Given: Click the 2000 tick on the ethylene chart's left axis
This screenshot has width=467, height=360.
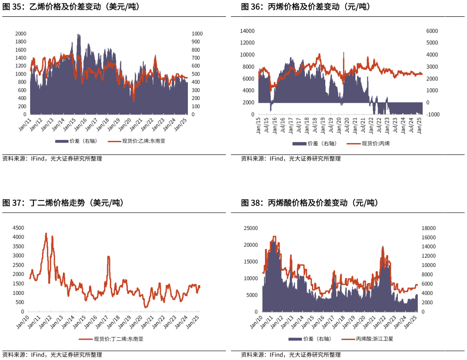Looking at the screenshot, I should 21,34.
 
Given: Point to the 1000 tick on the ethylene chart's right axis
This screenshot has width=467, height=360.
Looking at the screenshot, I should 197,34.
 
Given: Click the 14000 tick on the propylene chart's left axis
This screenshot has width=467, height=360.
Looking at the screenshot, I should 247,31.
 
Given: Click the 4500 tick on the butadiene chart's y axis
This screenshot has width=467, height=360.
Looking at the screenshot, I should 18,228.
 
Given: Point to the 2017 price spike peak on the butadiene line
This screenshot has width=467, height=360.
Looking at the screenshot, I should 109,256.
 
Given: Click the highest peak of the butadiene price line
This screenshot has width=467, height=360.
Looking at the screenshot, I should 46,233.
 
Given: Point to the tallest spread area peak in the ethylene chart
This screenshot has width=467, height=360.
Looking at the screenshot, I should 78,34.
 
